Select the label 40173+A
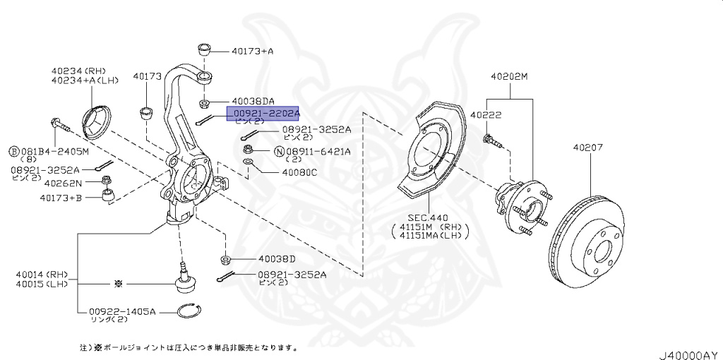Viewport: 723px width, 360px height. [252, 51]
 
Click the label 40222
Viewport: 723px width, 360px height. [486, 114]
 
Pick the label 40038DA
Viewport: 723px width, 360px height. [253, 101]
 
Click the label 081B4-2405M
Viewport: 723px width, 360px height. [54, 151]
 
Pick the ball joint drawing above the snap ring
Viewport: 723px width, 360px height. [185, 281]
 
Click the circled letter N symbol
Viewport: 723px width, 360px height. [279, 151]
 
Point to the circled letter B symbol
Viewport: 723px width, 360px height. [13, 151]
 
